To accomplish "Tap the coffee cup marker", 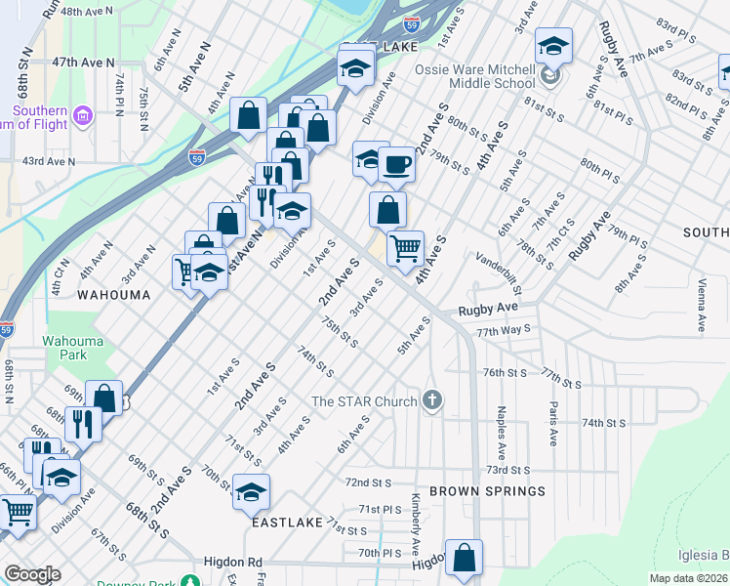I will [x=396, y=164].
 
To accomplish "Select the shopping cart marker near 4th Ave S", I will [x=405, y=246].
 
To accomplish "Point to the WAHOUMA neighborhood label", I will [x=114, y=294].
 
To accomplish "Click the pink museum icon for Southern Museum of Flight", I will [x=83, y=118].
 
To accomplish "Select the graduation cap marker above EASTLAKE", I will [x=251, y=492].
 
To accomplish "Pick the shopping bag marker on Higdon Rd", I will [x=465, y=558].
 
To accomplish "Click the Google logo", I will [x=32, y=574].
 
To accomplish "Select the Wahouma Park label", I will [x=66, y=348].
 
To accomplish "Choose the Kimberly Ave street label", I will [x=416, y=528].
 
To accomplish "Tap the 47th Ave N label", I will [x=78, y=61].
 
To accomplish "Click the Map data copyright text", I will [x=689, y=578].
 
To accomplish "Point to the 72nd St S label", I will [x=368, y=482].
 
